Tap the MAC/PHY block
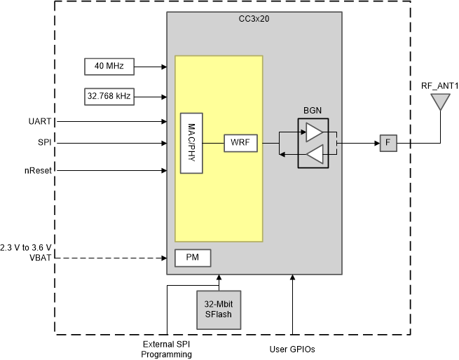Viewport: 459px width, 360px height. (x=191, y=143)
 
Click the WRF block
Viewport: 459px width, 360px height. (x=240, y=144)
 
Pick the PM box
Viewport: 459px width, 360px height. (x=193, y=258)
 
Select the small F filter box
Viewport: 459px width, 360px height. (x=388, y=144)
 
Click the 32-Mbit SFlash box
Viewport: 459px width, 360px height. (x=219, y=310)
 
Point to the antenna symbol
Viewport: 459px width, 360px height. (x=439, y=103)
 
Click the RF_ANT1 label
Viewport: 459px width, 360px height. (x=439, y=86)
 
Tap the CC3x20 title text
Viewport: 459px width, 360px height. (x=254, y=19)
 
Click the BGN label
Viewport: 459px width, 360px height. (x=313, y=111)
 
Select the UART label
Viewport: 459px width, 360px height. (x=41, y=121)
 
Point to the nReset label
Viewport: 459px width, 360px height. (x=40, y=169)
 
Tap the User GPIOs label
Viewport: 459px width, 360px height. (x=292, y=348)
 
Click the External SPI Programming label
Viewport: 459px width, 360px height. (x=167, y=349)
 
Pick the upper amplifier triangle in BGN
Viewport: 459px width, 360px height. (x=315, y=132)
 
